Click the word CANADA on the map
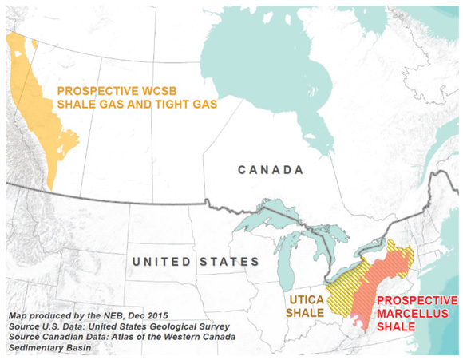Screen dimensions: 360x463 (x=271, y=170)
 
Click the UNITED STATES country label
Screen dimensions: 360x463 (x=196, y=262)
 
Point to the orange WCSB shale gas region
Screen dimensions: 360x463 (x=40, y=120)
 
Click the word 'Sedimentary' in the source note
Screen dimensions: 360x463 (x=32, y=350)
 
